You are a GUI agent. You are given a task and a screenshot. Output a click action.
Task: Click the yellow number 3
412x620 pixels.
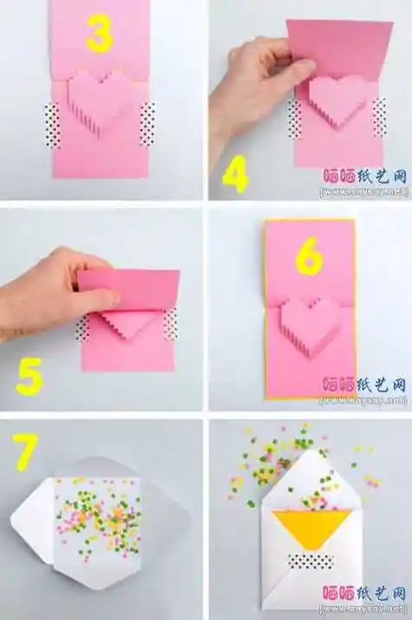coord(101,35)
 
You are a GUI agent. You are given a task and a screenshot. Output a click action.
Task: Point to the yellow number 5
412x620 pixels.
coord(29,378)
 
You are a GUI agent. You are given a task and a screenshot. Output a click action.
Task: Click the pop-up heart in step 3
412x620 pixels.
coord(101,102)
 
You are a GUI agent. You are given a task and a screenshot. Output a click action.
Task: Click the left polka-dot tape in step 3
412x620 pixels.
coord(52,125)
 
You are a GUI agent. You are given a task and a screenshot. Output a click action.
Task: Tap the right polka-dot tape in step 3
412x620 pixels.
coord(147,123)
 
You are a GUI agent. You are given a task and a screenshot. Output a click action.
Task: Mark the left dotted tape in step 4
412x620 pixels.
coord(296,117)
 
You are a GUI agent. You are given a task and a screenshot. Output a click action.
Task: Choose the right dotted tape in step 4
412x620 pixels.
coord(379,116)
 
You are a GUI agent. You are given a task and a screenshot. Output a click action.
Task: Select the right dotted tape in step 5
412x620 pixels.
coord(171,323)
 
